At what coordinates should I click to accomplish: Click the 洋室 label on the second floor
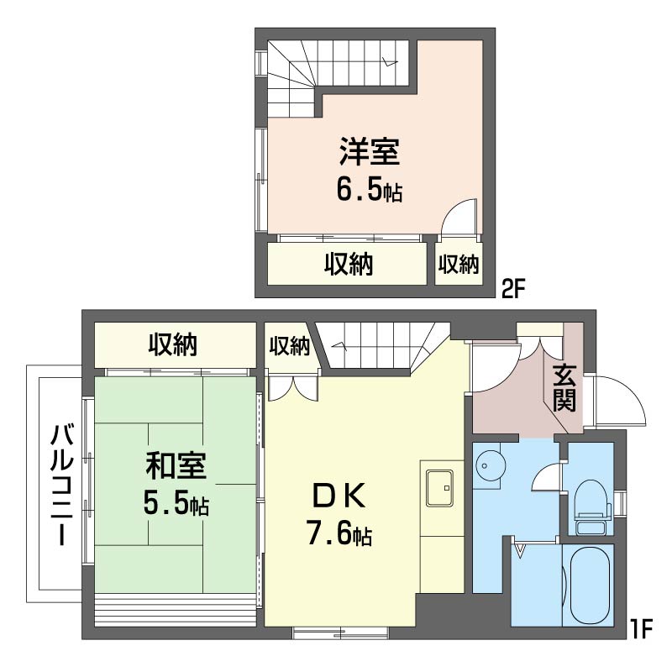369,154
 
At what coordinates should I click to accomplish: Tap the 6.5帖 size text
369,190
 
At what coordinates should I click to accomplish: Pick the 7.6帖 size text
339,534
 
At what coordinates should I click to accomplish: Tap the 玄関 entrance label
564,389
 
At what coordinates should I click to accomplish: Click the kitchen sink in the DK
441,488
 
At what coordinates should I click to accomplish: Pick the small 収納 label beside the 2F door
459,265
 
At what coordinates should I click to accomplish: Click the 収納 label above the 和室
174,344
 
